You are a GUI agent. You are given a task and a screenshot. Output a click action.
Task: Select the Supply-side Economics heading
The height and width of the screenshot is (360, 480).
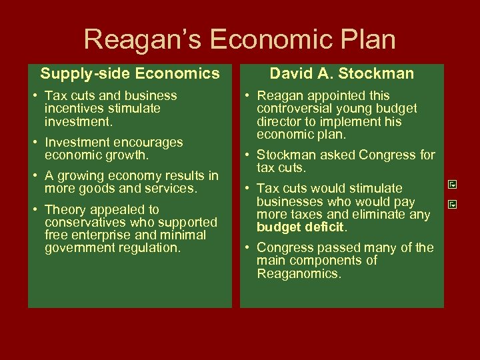tap(130, 73)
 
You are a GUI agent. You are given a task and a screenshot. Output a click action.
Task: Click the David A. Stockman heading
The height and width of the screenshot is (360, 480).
tap(341, 73)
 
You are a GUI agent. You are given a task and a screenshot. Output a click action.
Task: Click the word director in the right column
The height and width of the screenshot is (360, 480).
tap(279, 121)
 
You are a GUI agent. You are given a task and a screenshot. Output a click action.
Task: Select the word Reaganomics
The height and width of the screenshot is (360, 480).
tap(299, 273)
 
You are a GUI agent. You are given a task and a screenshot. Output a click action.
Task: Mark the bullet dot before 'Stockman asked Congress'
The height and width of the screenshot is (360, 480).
tap(247, 155)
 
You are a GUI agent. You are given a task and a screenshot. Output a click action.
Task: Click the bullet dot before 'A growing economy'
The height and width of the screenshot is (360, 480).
tap(35, 176)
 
